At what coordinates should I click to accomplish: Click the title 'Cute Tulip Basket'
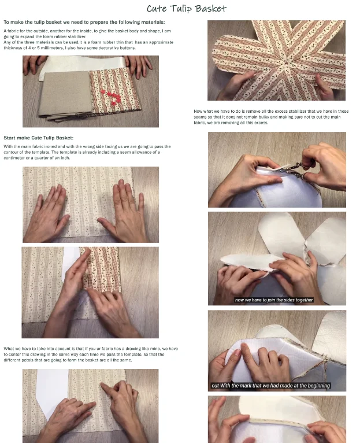pos(186,9)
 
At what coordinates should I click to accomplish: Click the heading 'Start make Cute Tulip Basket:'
pos(38,138)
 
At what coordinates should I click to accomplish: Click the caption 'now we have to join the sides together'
pos(273,300)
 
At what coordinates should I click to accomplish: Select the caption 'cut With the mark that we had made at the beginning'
pos(270,385)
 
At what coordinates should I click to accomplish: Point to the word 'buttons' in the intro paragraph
pos(128,48)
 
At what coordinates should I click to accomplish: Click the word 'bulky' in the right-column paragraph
pos(263,117)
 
